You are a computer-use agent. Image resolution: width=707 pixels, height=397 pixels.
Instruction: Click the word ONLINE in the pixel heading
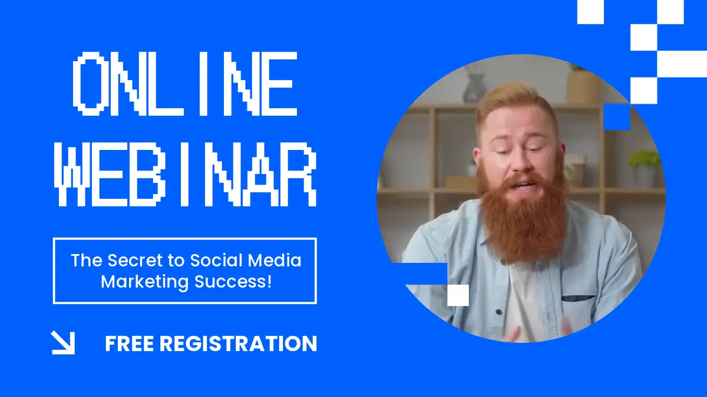(x=185, y=84)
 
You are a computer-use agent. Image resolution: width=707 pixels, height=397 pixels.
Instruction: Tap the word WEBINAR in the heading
(x=185, y=174)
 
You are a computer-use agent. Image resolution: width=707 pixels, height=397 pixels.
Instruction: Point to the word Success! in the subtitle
(x=233, y=281)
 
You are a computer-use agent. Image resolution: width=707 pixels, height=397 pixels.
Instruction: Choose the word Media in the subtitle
(x=275, y=260)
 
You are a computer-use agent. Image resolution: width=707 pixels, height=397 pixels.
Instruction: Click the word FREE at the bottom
(x=130, y=343)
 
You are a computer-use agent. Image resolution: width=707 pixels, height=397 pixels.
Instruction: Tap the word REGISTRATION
(x=238, y=343)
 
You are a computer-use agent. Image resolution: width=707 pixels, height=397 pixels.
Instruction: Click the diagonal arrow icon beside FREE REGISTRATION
(x=63, y=342)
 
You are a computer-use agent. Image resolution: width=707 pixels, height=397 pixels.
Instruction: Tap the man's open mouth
(x=524, y=185)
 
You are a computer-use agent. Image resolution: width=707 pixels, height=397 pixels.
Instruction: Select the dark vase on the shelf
(x=474, y=88)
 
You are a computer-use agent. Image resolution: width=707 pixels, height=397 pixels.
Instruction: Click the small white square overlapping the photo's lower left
(x=458, y=295)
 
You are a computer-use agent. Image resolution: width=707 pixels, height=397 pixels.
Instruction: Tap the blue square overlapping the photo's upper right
(x=617, y=117)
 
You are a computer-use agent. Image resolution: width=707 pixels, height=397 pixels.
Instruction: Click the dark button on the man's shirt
(x=498, y=312)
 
